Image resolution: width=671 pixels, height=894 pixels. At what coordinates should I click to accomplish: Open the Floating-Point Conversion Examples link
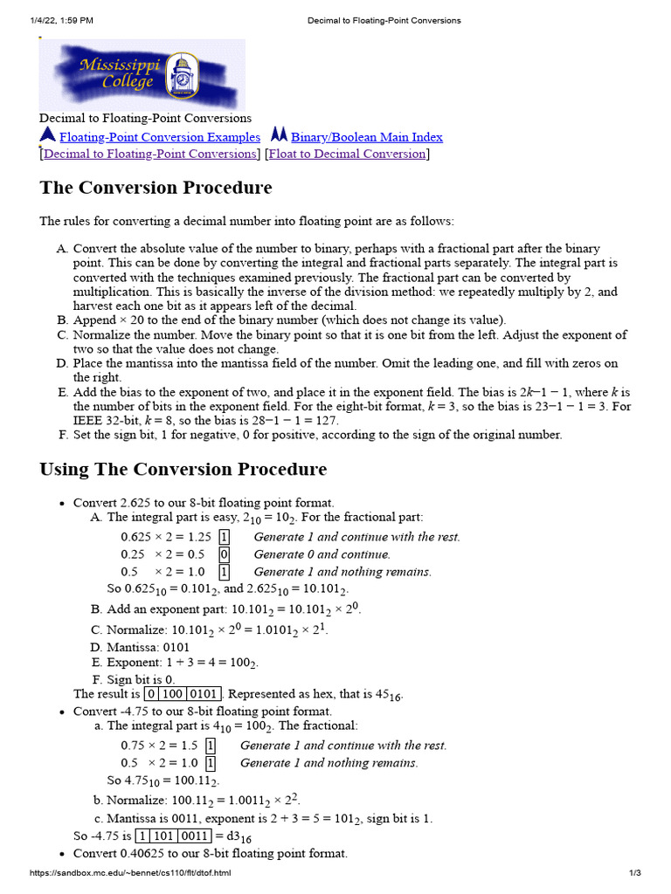pos(159,137)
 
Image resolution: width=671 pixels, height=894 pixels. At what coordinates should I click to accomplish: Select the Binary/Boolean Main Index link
pos(366,137)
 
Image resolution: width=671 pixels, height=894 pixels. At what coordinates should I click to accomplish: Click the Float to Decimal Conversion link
pos(347,154)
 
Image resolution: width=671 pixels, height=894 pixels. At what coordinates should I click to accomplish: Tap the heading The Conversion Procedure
pos(156,188)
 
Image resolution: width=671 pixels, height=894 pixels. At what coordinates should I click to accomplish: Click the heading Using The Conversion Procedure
pos(183,469)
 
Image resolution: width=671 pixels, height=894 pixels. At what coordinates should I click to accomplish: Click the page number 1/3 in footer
pos(635,873)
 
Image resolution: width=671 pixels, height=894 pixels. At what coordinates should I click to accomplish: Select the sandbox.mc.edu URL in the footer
pos(131,873)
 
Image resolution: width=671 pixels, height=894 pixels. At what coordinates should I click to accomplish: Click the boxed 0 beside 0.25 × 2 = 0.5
pos(224,554)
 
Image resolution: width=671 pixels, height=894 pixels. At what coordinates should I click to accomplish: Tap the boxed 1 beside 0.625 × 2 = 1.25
pos(224,537)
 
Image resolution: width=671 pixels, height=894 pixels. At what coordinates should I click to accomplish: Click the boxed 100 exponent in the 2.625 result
pos(175,694)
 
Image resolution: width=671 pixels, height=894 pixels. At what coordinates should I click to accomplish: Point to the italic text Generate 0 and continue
pos(322,554)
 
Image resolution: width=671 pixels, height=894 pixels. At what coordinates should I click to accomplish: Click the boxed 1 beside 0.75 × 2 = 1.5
pos(211,746)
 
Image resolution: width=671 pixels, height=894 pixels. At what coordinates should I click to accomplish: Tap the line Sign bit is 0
pos(141,678)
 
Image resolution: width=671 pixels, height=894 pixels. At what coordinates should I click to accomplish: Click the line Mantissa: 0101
pos(148,647)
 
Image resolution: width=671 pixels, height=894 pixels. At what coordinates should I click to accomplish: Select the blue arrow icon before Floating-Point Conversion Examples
pos(47,135)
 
